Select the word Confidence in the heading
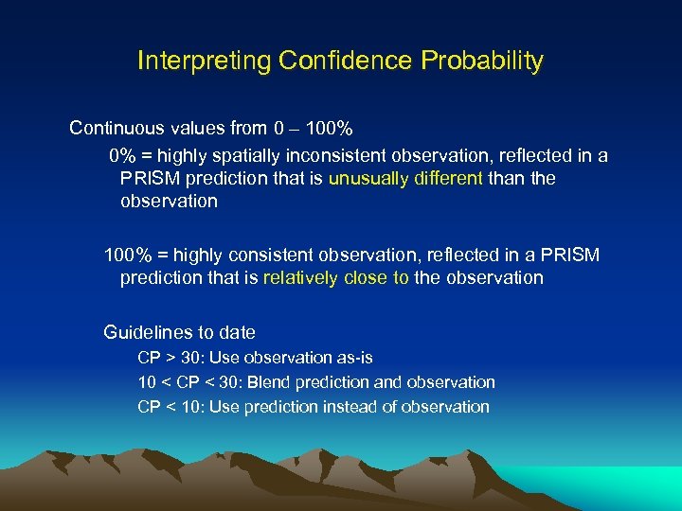click(348, 62)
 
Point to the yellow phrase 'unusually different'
click(405, 178)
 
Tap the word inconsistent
click(329, 155)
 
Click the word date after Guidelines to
click(237, 332)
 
